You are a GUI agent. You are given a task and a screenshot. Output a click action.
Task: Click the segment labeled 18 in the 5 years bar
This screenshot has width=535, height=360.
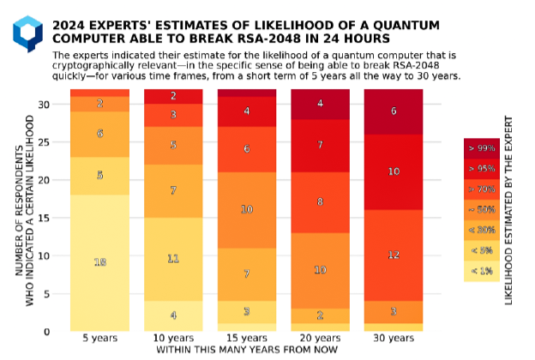pos(99,262)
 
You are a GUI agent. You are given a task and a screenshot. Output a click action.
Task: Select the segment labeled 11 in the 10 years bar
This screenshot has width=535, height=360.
pos(173,258)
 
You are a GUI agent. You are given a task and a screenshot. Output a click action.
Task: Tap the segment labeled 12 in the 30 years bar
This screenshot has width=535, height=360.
pos(394,255)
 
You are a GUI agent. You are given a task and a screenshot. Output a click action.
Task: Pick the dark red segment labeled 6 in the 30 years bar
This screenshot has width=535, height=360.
pos(394,111)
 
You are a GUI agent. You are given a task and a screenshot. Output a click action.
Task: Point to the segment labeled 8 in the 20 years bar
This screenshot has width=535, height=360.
pos(320,202)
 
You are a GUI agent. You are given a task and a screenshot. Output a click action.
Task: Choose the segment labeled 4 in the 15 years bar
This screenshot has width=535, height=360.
pos(247,111)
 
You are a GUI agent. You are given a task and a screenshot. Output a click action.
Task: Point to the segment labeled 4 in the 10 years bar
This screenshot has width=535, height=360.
pos(173,315)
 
